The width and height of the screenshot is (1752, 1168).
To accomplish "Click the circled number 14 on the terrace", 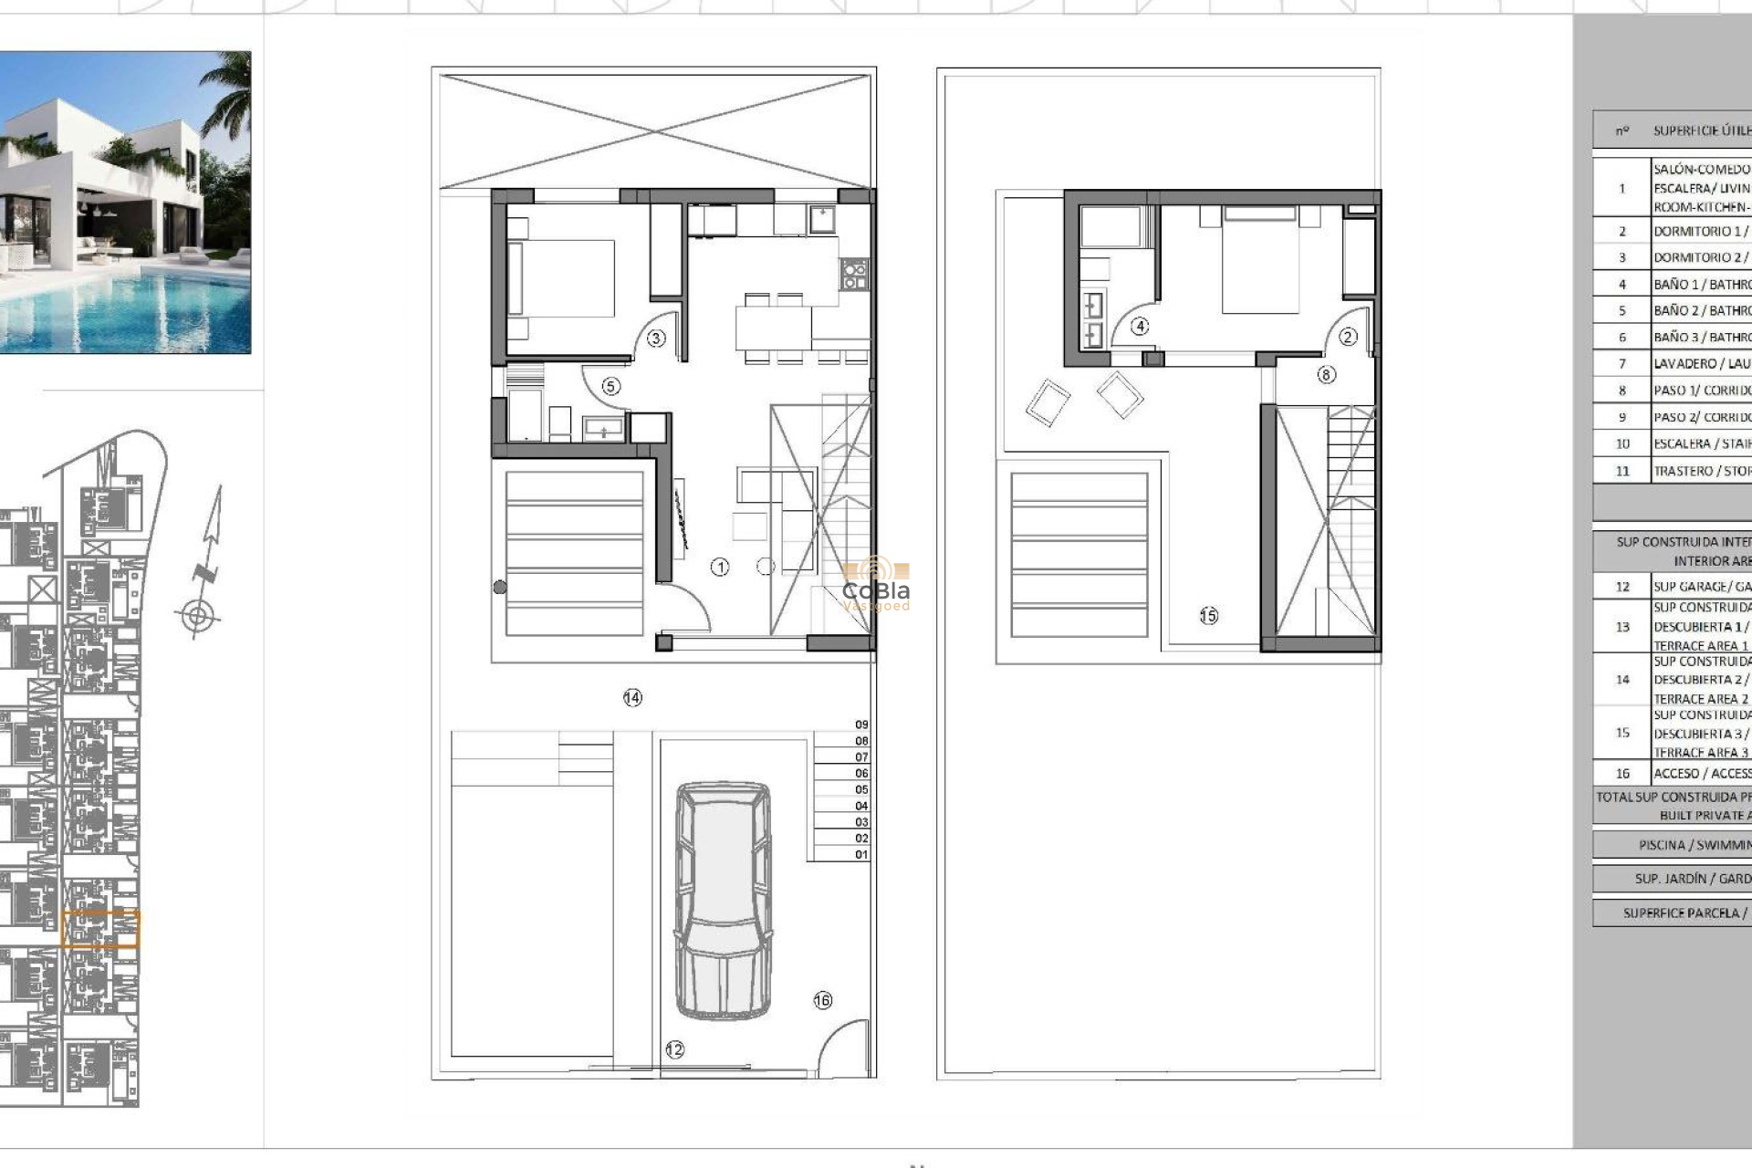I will click(632, 698).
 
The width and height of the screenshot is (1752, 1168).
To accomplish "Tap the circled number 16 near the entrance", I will click(822, 1000).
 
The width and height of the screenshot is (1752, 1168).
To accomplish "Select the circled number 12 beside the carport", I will click(674, 1050).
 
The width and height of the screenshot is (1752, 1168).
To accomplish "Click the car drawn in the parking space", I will click(723, 900).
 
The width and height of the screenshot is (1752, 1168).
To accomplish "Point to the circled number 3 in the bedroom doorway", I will click(656, 339).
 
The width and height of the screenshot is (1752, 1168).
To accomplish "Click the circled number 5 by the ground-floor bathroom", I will click(610, 387).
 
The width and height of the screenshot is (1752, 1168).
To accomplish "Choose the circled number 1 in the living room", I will click(720, 568).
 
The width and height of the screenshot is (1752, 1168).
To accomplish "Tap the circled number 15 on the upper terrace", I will click(1208, 616).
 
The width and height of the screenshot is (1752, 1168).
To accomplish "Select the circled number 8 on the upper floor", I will click(1326, 374).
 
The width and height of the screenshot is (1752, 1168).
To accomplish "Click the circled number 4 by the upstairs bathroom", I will click(1140, 327).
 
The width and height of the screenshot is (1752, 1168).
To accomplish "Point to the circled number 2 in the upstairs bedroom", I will click(1348, 337).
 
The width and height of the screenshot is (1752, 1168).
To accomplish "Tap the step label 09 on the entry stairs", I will click(861, 725).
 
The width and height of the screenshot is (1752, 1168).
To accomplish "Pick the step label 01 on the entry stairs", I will click(861, 855).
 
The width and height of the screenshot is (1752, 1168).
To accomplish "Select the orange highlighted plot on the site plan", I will click(100, 929).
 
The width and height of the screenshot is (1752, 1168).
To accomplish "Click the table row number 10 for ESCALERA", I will click(1622, 444).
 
